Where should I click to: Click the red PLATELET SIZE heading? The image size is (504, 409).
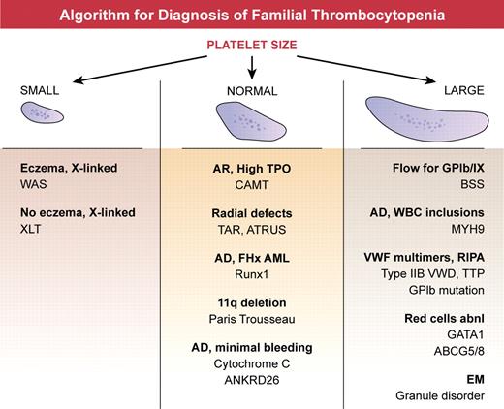click(252, 44)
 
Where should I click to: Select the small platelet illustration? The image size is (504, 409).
click(41, 116)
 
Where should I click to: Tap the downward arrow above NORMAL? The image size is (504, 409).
click(252, 67)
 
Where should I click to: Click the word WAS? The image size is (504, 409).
click(33, 183)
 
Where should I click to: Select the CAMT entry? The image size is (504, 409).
click(251, 183)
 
